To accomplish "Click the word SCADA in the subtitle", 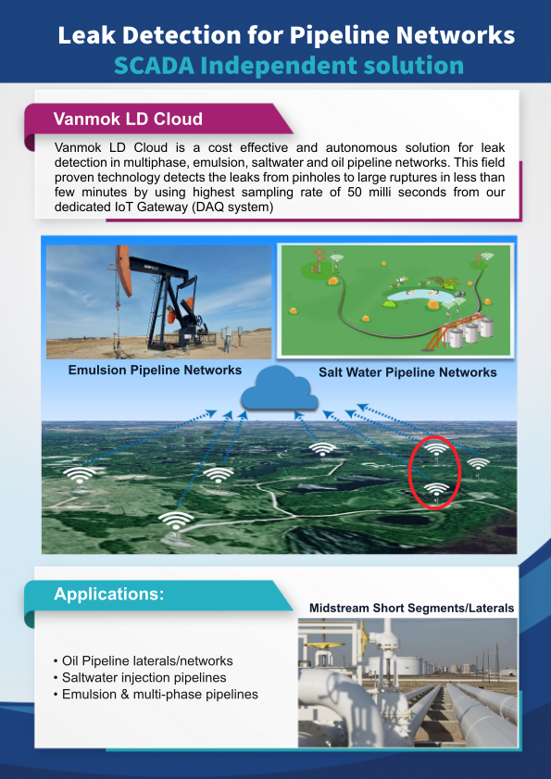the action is (153, 65).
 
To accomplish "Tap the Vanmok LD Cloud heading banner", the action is (159, 119).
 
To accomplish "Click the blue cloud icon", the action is (280, 388).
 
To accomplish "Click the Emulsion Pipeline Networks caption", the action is (155, 371).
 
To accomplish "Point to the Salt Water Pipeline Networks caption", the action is (407, 372).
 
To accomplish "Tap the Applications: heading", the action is (108, 594).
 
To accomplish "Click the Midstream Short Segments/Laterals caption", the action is (411, 608).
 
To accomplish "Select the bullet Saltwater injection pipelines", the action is (140, 678).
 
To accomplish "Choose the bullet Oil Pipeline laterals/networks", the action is (144, 661).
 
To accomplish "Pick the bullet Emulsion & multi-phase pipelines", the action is (156, 694).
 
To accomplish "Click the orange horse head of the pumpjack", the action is (124, 270).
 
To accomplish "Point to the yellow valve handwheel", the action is (324, 646).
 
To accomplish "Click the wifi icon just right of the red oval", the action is (478, 464).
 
